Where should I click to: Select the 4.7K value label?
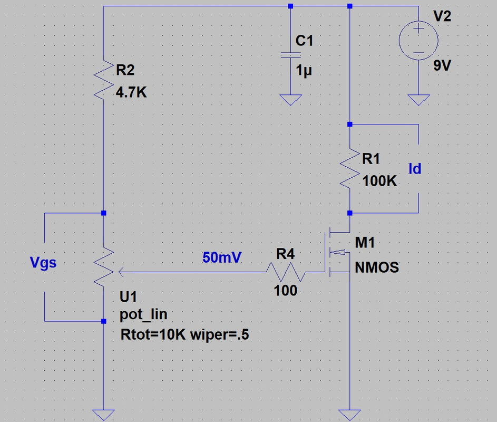click(131, 93)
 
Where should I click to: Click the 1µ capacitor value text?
click(304, 71)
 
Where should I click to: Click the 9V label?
click(443, 66)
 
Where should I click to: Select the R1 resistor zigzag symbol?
click(349, 169)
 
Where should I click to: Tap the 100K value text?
click(379, 181)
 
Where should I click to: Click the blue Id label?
click(415, 169)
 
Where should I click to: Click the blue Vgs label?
click(43, 262)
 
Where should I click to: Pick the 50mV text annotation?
click(222, 257)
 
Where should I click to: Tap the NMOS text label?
click(376, 267)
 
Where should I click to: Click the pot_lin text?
click(143, 315)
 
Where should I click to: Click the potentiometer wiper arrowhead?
click(121, 272)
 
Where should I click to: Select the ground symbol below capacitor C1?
click(290, 100)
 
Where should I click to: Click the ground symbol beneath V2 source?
click(418, 100)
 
